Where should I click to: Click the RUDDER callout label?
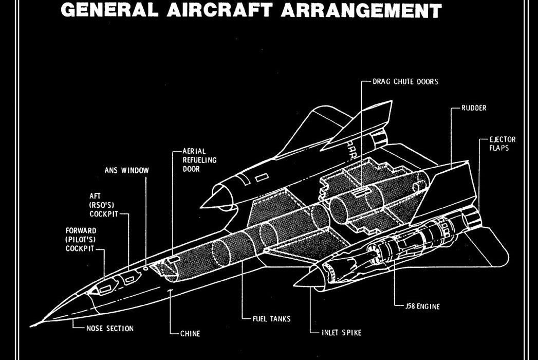pos(473,109)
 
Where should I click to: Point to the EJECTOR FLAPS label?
pos(503,144)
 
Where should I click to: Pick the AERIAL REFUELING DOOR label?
pos(199,160)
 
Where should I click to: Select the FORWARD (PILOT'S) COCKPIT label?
pos(81,239)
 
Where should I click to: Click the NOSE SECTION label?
pos(109,329)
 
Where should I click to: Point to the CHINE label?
pos(190,333)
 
